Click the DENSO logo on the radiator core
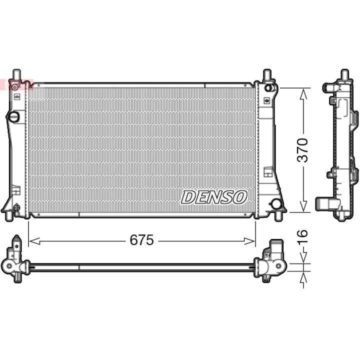tap(214, 197)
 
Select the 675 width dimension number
tap(141, 240)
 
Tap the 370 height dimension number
tap(302, 150)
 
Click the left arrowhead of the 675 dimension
tap(34, 241)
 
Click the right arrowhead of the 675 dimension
tap(249, 241)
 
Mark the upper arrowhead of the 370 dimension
tap(303, 95)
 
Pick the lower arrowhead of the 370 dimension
tap(303, 206)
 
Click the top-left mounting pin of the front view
tap(16, 74)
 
